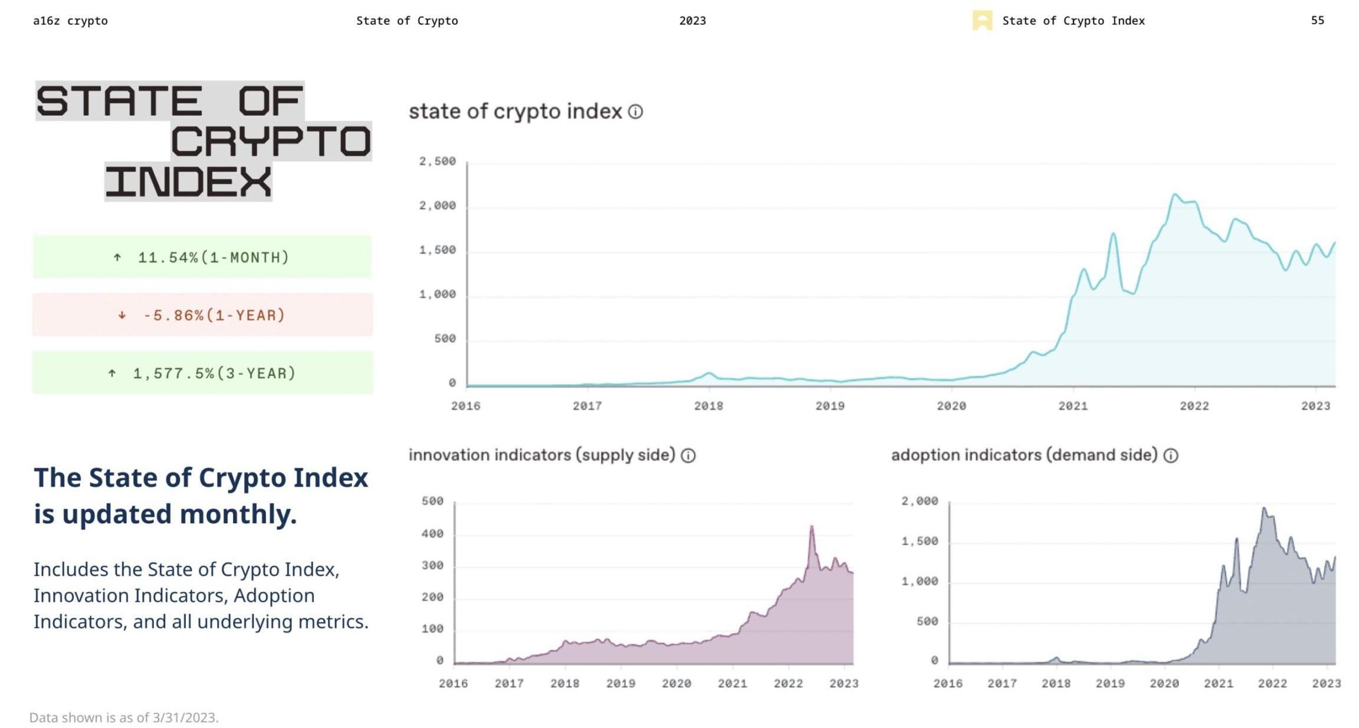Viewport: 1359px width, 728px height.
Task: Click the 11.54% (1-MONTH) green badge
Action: pos(202,257)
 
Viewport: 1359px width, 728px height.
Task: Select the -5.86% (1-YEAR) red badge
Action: pos(202,315)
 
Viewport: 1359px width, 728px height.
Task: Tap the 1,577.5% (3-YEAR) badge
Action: pos(202,373)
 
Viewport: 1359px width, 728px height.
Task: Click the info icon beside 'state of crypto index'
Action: pos(635,112)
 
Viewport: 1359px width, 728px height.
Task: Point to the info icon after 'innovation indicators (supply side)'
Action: pos(688,455)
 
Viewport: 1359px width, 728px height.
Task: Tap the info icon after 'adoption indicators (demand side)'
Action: pos(1171,455)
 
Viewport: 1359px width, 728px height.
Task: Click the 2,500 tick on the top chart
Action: pos(437,162)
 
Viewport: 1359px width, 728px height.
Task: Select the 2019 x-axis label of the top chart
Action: pos(829,406)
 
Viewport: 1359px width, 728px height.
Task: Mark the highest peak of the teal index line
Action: pos(1174,194)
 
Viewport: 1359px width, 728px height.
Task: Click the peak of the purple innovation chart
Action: pos(812,526)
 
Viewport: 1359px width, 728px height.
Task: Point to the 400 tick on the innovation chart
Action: pos(432,533)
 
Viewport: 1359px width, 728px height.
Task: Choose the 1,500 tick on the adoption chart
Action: pos(920,541)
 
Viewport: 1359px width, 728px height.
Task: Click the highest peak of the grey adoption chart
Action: pos(1263,508)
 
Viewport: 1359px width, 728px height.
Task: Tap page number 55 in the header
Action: pos(1317,21)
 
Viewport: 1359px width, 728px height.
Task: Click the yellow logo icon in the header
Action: pos(982,21)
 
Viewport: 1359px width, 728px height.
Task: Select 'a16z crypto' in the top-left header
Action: pos(70,21)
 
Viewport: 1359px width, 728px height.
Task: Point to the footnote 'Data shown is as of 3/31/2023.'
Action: pos(124,717)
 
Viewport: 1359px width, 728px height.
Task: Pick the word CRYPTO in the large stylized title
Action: pos(271,142)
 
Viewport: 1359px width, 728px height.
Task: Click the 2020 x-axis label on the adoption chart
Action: pos(1164,683)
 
